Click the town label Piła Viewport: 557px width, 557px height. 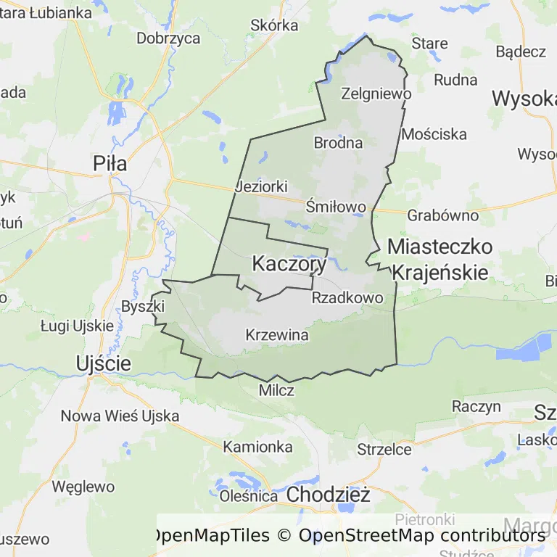[x=110, y=164]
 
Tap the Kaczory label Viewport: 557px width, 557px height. [x=289, y=265]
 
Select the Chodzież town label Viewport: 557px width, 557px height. [x=329, y=495]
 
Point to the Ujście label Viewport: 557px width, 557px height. [x=104, y=363]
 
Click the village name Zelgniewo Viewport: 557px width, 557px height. [x=376, y=94]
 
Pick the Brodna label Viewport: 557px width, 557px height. [x=338, y=143]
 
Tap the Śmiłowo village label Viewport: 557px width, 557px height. [x=336, y=207]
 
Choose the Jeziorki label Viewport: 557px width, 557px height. [x=262, y=187]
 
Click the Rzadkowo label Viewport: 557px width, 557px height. [x=347, y=298]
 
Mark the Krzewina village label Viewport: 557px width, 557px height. [x=277, y=335]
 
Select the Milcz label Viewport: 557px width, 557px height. [x=276, y=390]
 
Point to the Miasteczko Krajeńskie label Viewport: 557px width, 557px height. [x=440, y=259]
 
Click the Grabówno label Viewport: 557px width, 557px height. [x=442, y=215]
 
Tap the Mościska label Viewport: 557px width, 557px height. [x=434, y=134]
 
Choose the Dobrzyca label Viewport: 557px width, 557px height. [x=168, y=38]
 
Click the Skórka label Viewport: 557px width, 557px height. [x=273, y=25]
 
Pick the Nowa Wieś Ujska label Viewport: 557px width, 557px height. [x=120, y=416]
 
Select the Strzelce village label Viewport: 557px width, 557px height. [x=384, y=450]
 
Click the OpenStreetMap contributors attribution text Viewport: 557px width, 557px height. [x=421, y=536]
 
